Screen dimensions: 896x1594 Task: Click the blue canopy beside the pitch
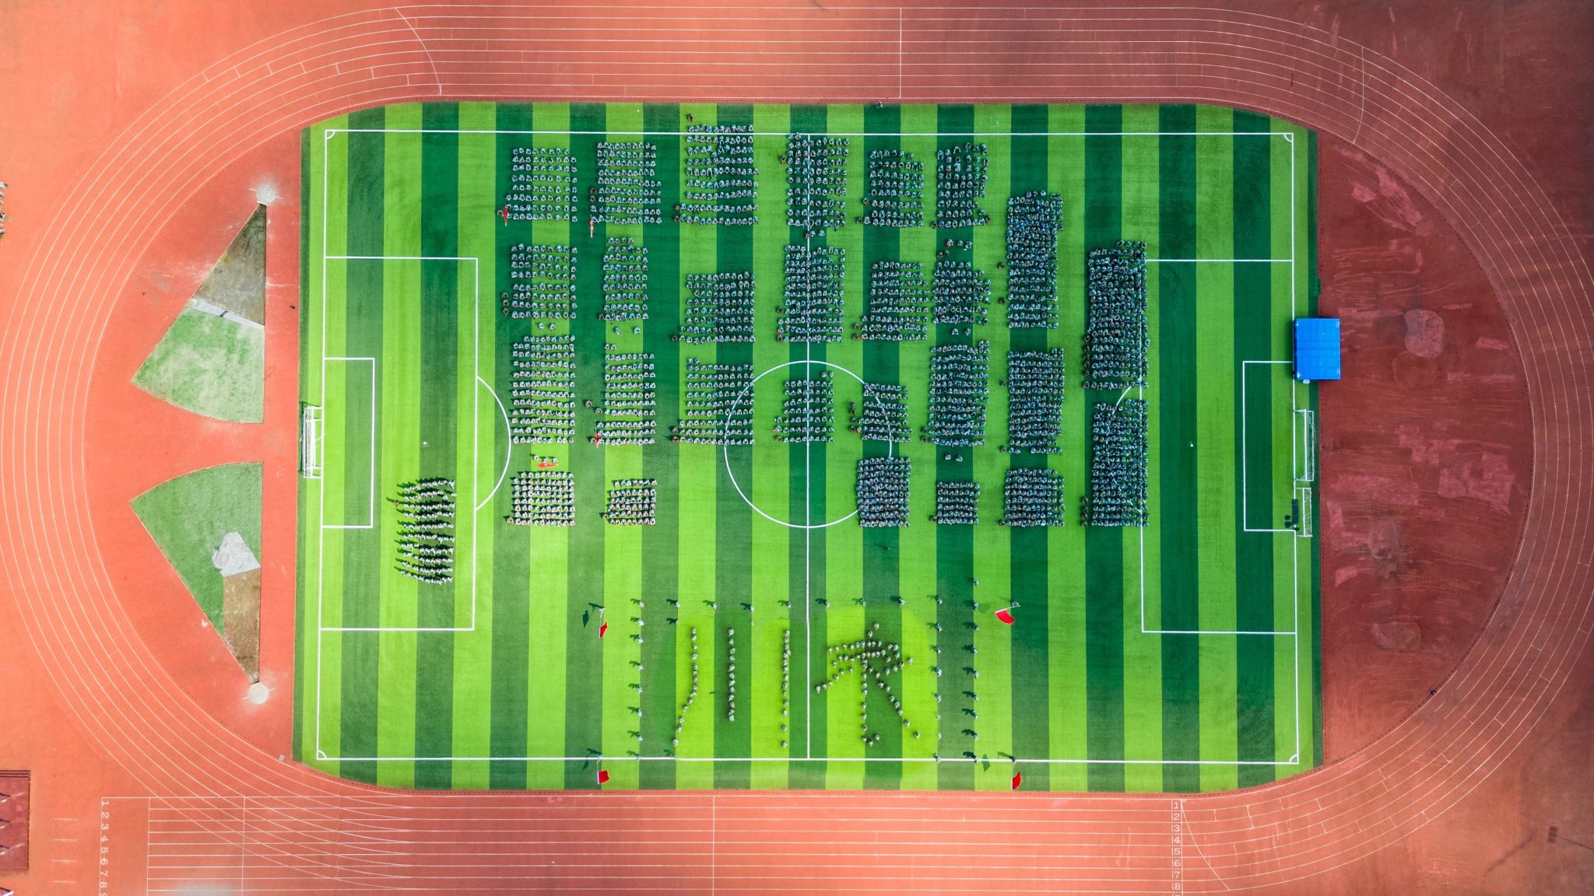[x=1317, y=348]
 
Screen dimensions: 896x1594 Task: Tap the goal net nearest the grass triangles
[x=311, y=439]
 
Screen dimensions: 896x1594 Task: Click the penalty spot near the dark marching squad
[x=425, y=443]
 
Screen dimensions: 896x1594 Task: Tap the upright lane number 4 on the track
[x=1176, y=840]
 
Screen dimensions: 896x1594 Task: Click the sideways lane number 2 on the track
[x=104, y=816]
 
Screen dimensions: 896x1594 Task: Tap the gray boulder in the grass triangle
[x=235, y=554]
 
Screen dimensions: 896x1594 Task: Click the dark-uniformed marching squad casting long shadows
[x=425, y=529]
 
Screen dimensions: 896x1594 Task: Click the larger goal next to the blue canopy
[x=1304, y=444]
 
